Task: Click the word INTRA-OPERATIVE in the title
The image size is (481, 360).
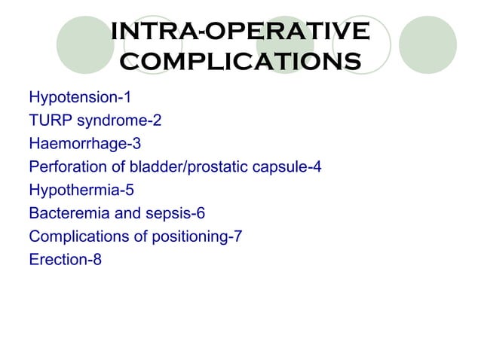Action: pyautogui.click(x=240, y=32)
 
